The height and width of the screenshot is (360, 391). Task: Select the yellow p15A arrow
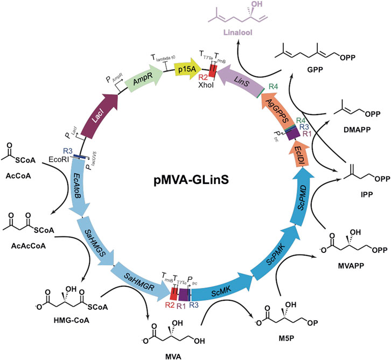(x=186, y=69)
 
